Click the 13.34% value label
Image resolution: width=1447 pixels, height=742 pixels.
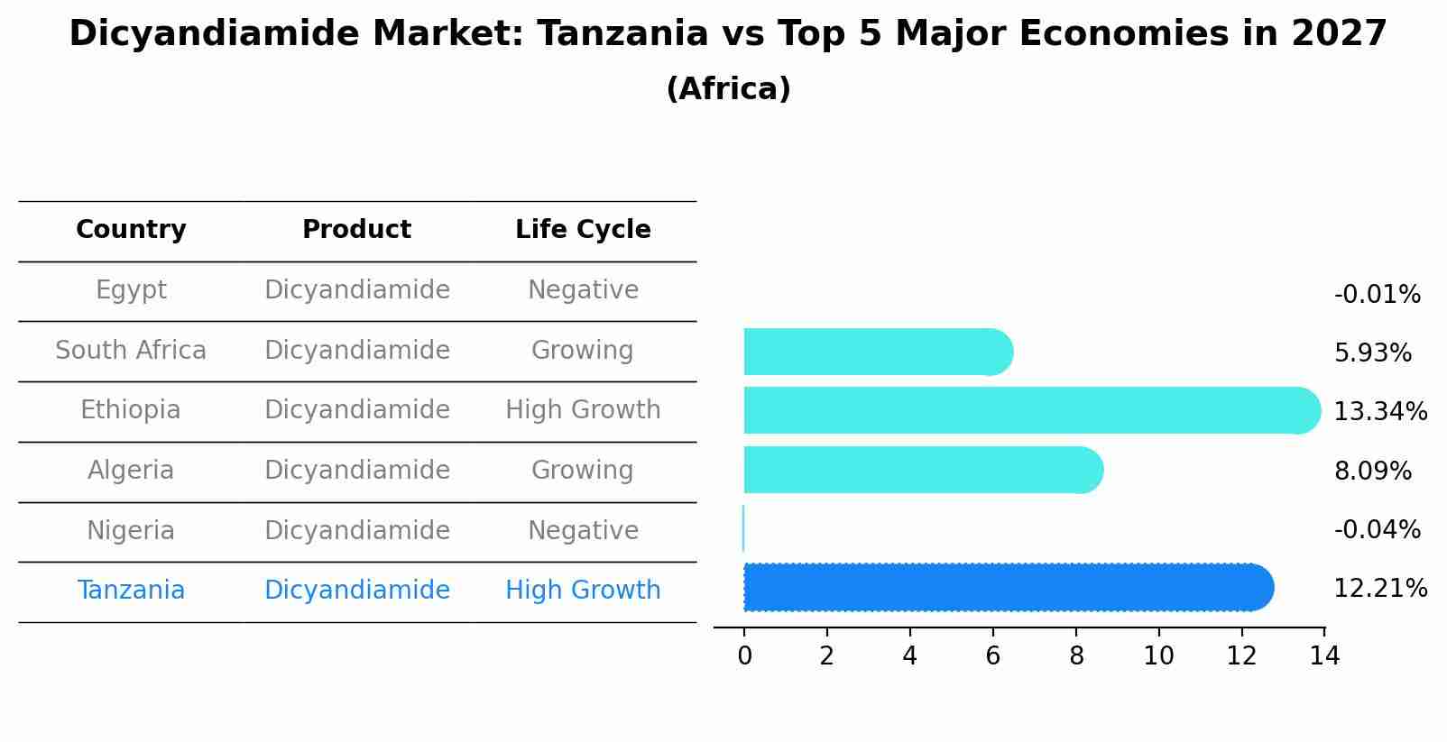[x=1379, y=412]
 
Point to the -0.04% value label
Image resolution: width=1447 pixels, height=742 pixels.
[x=1377, y=530]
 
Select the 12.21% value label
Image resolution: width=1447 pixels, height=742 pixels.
[x=1379, y=589]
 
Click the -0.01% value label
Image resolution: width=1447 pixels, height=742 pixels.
[x=1377, y=295]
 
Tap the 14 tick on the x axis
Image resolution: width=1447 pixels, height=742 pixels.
[x=1324, y=656]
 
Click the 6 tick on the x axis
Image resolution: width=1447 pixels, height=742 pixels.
[x=992, y=656]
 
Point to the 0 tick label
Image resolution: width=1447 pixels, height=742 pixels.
[x=744, y=656]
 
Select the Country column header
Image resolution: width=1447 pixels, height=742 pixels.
[x=131, y=230]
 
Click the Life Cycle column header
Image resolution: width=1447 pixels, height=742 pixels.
[x=583, y=230]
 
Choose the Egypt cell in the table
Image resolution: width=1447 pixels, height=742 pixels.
[x=131, y=290]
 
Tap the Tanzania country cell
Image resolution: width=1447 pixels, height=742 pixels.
[x=131, y=591]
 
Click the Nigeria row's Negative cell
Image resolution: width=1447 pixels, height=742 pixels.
[x=583, y=530]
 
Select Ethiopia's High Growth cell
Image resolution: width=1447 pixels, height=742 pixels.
[x=583, y=410]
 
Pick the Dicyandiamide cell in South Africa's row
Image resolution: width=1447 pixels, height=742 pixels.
[x=357, y=350]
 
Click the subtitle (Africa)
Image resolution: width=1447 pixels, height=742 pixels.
[x=728, y=89]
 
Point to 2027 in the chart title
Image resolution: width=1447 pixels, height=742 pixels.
[x=1339, y=34]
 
